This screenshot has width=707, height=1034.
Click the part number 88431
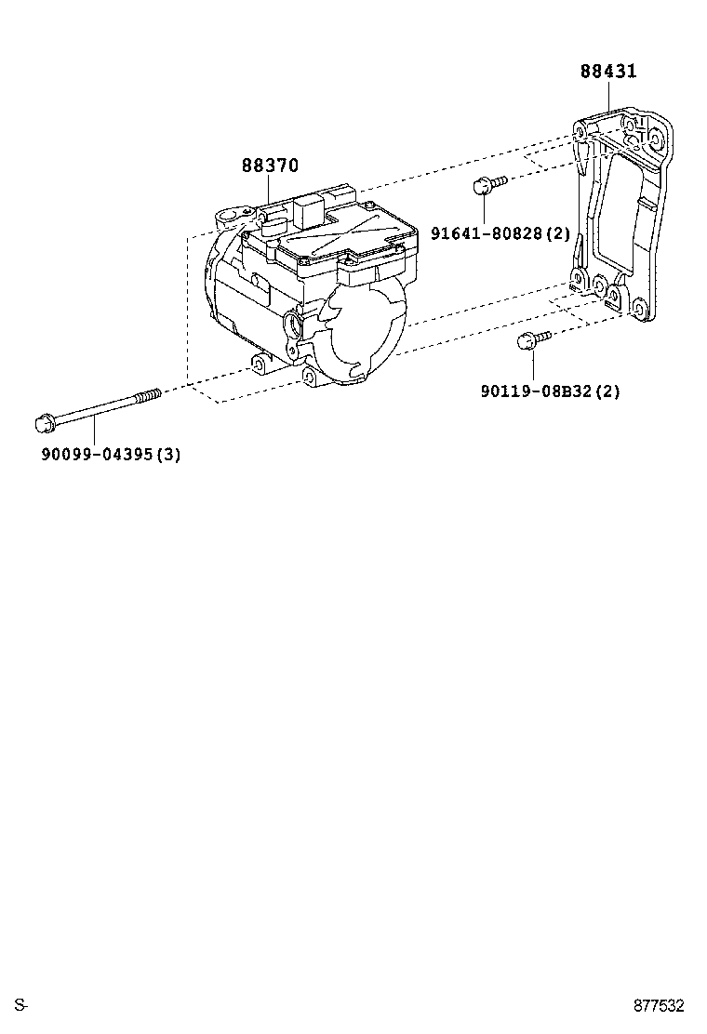click(608, 72)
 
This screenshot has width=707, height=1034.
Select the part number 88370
click(270, 166)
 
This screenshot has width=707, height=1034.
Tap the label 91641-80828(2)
click(500, 232)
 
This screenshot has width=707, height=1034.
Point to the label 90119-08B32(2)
click(550, 391)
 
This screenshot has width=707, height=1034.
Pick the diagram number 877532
click(659, 1005)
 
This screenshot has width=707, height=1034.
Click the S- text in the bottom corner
click(21, 1005)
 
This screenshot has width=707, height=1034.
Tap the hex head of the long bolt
click(42, 424)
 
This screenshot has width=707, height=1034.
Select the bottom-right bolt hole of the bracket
click(637, 309)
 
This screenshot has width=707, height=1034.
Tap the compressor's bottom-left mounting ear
click(257, 362)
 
